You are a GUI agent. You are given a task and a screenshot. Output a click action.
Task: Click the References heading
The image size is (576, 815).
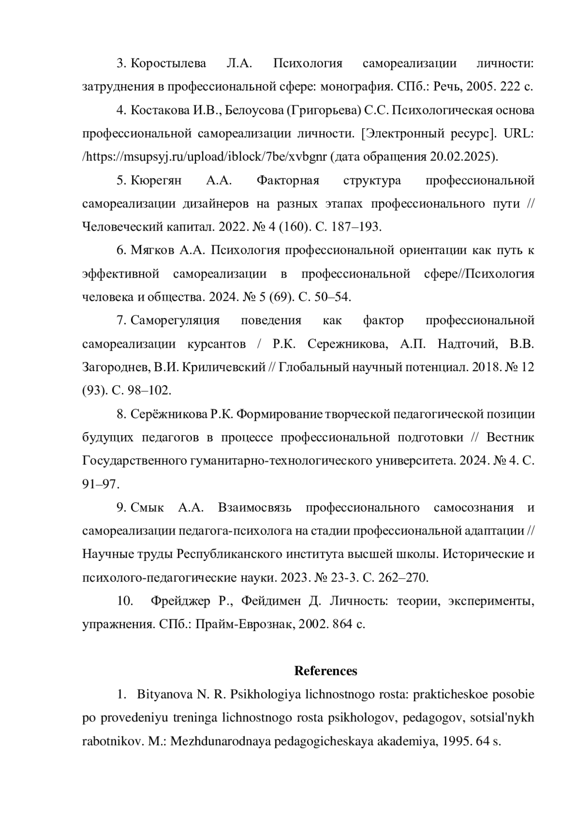pyautogui.click(x=325, y=671)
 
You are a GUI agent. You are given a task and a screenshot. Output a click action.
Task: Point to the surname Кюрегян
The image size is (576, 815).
pyautogui.click(x=156, y=181)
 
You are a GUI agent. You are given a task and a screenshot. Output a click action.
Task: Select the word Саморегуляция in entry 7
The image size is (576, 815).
pyautogui.click(x=175, y=320)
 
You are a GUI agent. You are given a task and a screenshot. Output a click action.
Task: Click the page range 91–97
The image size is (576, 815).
pyautogui.click(x=100, y=484)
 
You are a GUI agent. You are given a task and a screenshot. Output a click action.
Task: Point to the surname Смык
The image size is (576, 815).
pyautogui.click(x=147, y=508)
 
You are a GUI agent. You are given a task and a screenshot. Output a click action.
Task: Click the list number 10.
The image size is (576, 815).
pyautogui.click(x=125, y=601)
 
